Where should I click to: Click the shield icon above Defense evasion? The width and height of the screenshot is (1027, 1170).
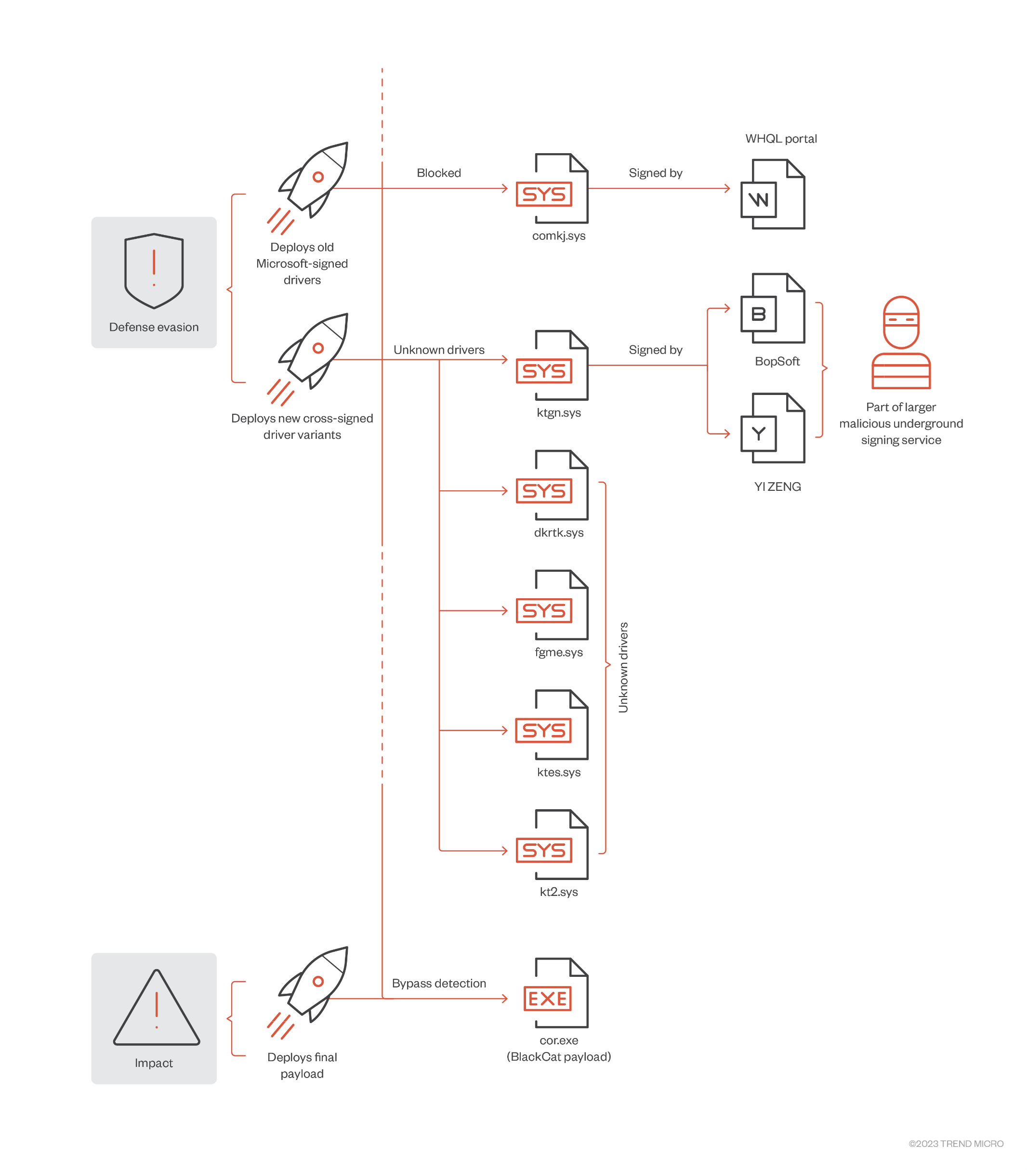tap(153, 270)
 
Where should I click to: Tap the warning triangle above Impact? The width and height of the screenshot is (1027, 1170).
tap(156, 1008)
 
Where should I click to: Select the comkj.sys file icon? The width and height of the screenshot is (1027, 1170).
tap(552, 188)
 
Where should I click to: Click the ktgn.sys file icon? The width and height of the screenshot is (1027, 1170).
tap(552, 365)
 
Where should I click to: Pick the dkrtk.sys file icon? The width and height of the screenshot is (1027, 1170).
tap(552, 485)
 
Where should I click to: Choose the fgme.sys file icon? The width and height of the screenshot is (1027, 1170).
tap(552, 605)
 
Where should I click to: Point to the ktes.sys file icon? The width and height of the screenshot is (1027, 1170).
tap(552, 724)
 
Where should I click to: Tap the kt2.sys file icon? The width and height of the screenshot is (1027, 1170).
tap(552, 844)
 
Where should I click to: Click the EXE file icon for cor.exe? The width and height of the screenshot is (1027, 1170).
tap(555, 993)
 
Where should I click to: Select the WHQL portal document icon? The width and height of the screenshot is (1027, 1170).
tap(772, 194)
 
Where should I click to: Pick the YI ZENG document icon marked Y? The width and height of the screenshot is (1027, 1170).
tap(772, 428)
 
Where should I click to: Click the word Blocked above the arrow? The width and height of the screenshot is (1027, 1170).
tap(438, 173)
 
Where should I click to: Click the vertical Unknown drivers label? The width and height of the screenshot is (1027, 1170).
tap(623, 667)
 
